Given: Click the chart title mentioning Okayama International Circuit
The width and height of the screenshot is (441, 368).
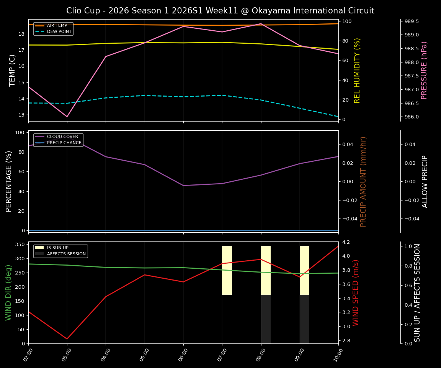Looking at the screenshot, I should (x=220, y=11).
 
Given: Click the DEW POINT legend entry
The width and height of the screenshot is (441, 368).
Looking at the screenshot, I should (x=59, y=32).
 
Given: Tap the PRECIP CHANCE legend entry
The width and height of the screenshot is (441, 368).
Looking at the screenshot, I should (x=64, y=143).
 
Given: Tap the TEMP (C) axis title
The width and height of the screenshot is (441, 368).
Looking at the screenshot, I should (x=13, y=70).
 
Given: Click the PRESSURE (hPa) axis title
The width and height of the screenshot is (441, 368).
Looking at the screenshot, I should (x=424, y=70).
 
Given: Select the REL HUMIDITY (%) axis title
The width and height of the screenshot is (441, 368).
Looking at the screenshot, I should (x=358, y=70).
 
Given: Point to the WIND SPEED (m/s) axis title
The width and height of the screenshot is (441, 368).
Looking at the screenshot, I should (x=356, y=292).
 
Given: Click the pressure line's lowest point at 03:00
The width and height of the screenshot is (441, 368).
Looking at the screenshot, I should (x=67, y=117).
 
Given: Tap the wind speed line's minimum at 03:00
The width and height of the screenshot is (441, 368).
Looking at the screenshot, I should (x=67, y=339).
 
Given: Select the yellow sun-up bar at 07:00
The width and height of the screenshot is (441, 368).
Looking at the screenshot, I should (x=227, y=270).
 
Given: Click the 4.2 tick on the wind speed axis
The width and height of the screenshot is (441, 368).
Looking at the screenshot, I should (x=346, y=242).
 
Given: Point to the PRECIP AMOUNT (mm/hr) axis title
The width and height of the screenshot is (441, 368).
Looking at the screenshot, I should (x=364, y=181).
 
